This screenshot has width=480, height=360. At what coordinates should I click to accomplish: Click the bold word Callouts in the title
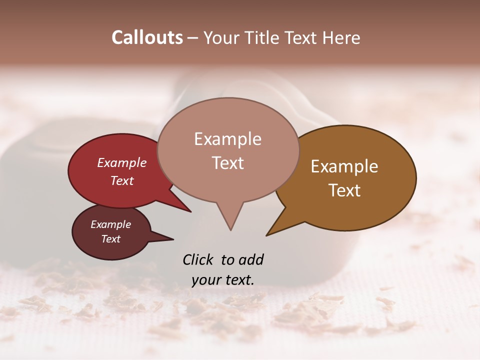[x=147, y=37]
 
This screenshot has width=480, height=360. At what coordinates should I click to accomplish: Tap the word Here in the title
[x=341, y=37]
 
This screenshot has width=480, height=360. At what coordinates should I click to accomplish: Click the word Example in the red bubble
[x=122, y=162]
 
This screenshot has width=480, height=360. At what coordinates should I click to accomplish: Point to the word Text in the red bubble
[x=122, y=180]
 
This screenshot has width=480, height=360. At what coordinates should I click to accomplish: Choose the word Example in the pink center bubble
[x=227, y=139]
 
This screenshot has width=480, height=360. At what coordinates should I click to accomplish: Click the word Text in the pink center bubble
[x=228, y=162]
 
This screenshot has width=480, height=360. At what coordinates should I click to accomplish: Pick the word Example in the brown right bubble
[x=344, y=166]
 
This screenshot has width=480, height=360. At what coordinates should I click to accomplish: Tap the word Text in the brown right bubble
[x=345, y=190]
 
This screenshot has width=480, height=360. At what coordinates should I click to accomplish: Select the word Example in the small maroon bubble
[x=110, y=224]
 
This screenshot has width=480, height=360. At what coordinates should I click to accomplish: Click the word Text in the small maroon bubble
[x=111, y=239]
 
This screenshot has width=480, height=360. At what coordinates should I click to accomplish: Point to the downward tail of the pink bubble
[x=230, y=220]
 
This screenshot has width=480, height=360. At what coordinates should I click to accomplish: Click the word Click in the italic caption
[x=199, y=259]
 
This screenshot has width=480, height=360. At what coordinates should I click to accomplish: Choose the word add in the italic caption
[x=251, y=259]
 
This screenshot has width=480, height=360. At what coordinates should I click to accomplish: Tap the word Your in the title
[x=221, y=37]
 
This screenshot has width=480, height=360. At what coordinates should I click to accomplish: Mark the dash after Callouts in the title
[x=192, y=38]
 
